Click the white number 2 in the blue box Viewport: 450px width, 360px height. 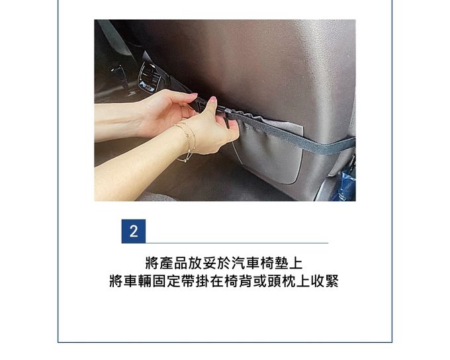tap(134, 232)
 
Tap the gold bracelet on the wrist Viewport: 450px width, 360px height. tap(187, 141)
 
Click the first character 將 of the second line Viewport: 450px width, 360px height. tap(116, 281)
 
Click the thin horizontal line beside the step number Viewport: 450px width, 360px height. tap(238, 243)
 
